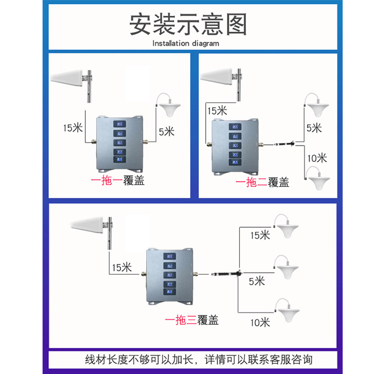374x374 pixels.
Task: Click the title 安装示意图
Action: [x=187, y=24]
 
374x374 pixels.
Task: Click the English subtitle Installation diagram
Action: [x=186, y=43]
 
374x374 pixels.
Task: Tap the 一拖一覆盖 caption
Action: [x=117, y=180]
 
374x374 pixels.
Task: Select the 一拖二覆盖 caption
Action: [x=262, y=182]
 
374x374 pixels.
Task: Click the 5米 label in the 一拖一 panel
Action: [x=166, y=131]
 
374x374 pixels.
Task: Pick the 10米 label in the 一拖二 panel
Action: [x=316, y=158]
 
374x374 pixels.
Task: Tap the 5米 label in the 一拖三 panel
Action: [x=257, y=281]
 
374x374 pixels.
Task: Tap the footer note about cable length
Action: [x=198, y=360]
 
